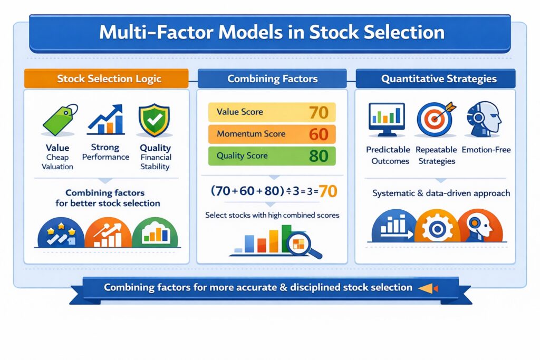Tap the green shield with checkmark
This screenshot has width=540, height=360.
point(154,121)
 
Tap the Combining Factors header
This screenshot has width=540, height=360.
point(272,79)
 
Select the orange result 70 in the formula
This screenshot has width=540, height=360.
point(328,191)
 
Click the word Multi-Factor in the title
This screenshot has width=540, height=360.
point(151,33)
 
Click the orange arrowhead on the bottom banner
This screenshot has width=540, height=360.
point(426,288)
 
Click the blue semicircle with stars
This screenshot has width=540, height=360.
point(60,233)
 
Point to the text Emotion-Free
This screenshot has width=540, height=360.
point(486,150)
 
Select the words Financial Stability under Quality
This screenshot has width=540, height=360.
point(155,162)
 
